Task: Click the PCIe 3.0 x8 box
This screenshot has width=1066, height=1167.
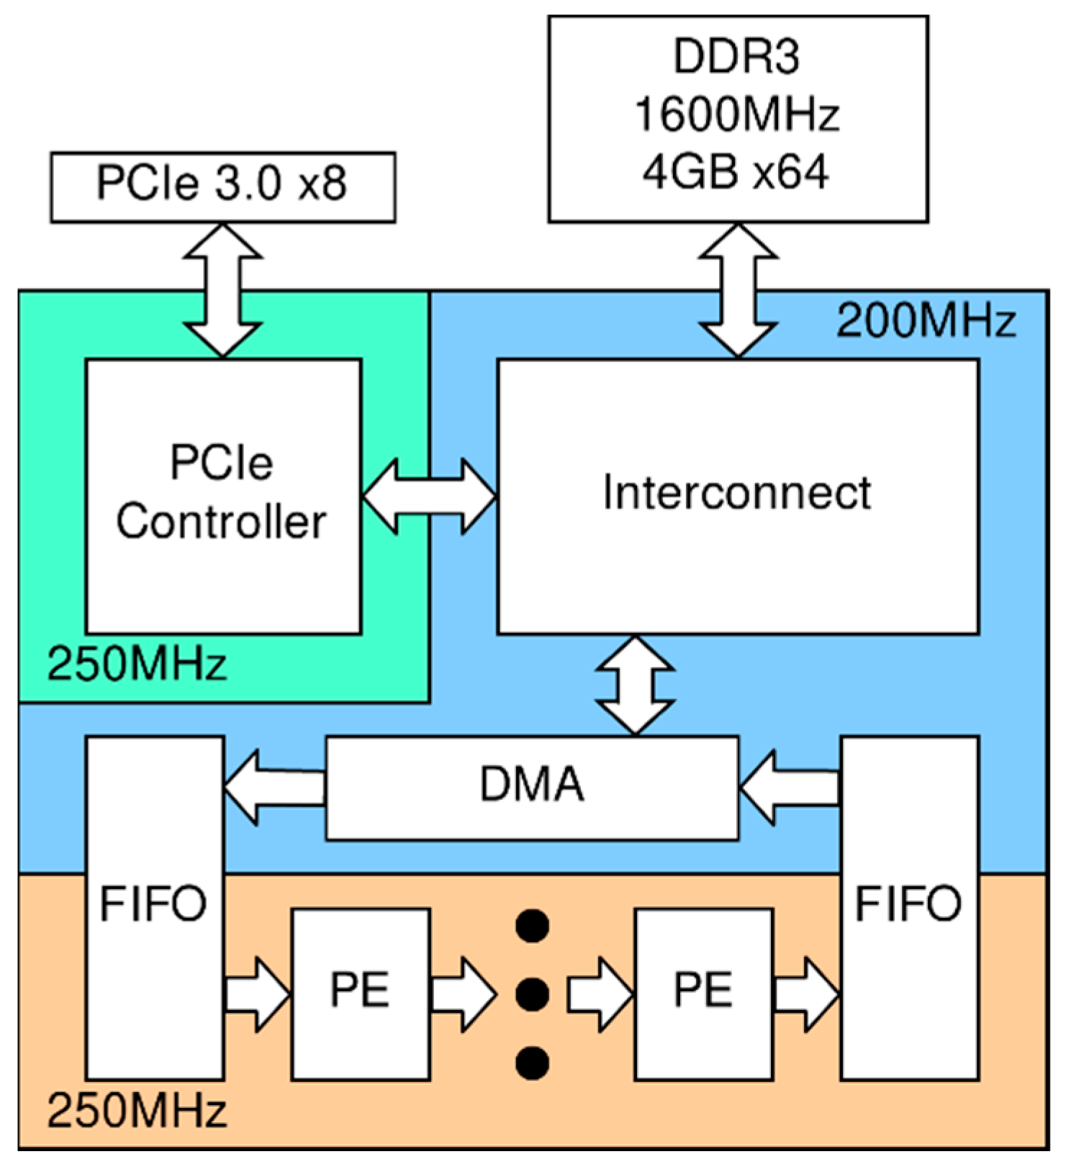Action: (x=222, y=186)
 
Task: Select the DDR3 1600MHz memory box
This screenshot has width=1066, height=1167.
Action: (x=737, y=119)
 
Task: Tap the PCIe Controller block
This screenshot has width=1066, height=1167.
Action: (x=223, y=496)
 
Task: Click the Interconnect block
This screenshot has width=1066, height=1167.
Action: (x=737, y=496)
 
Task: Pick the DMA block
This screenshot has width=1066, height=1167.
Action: (x=532, y=787)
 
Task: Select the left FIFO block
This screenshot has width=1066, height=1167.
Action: (x=155, y=907)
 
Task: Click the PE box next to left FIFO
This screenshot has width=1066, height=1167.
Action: (x=361, y=993)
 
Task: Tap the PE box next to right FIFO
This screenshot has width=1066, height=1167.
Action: (x=703, y=993)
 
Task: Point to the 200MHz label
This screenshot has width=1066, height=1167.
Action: (x=926, y=321)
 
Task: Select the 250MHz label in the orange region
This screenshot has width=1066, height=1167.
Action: (x=137, y=1111)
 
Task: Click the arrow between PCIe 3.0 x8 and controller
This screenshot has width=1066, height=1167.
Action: (x=222, y=290)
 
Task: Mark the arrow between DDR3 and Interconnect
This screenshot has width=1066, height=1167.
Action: (x=738, y=290)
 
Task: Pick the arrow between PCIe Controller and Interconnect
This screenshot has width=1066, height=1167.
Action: (x=429, y=496)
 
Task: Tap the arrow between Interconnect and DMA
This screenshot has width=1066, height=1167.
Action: (x=635, y=685)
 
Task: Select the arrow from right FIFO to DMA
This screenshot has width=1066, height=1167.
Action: (x=790, y=787)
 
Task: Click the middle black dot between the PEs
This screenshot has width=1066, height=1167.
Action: (x=533, y=994)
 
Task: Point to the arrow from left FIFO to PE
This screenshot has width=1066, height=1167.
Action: (x=257, y=994)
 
